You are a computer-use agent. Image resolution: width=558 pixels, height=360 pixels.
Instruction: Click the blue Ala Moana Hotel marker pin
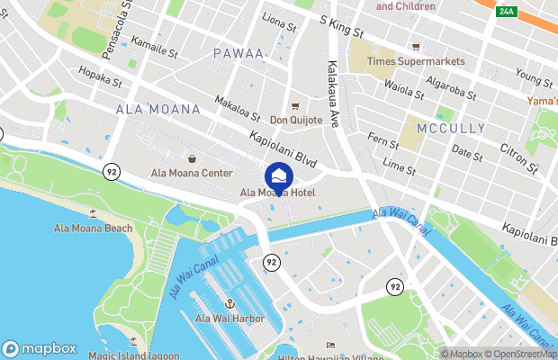click(x=278, y=175)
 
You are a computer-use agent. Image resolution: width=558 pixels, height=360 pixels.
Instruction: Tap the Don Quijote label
click(x=296, y=120)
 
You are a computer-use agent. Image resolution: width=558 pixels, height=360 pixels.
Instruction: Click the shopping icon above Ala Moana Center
click(x=191, y=158)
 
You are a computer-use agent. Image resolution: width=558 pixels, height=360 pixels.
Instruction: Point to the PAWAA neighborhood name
click(x=238, y=54)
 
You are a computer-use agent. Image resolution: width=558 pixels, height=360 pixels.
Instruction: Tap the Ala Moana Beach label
click(x=94, y=229)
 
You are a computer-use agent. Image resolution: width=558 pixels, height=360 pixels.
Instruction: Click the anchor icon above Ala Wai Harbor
click(x=229, y=304)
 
